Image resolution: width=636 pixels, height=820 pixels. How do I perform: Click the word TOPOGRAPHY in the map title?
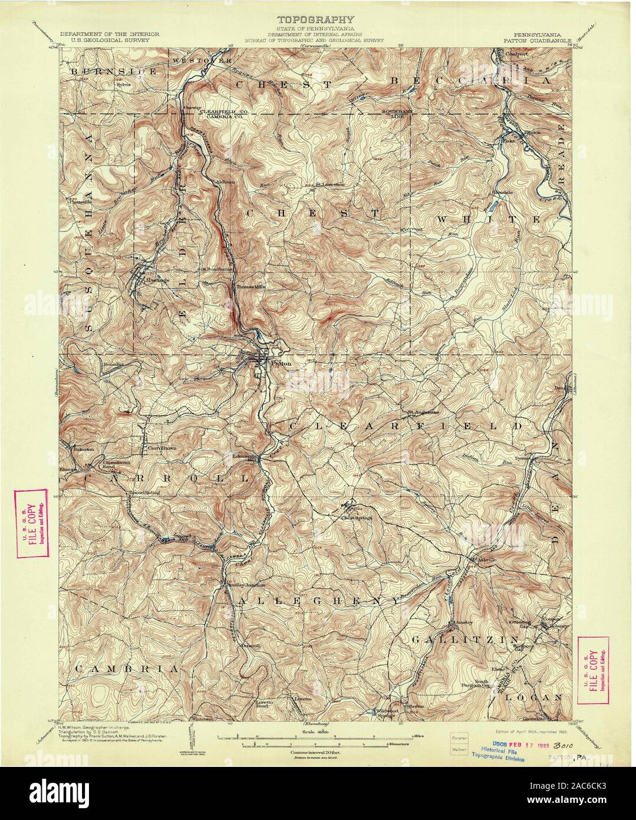318,19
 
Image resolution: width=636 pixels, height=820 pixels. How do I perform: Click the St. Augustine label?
421,412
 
